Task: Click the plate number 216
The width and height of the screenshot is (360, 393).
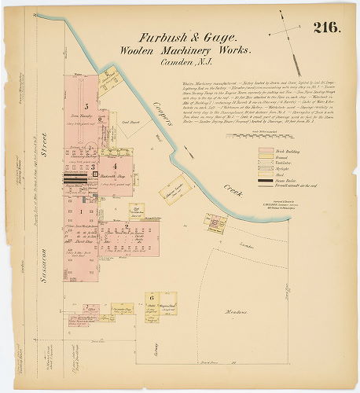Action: pyautogui.click(x=326, y=28)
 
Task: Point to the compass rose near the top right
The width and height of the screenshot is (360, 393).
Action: pyautogui.click(x=284, y=33)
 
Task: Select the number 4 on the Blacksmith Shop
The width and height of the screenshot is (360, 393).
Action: pyautogui.click(x=114, y=167)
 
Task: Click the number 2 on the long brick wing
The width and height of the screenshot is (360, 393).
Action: pyautogui.click(x=126, y=227)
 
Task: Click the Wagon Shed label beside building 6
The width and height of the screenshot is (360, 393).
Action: pyautogui.click(x=167, y=307)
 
